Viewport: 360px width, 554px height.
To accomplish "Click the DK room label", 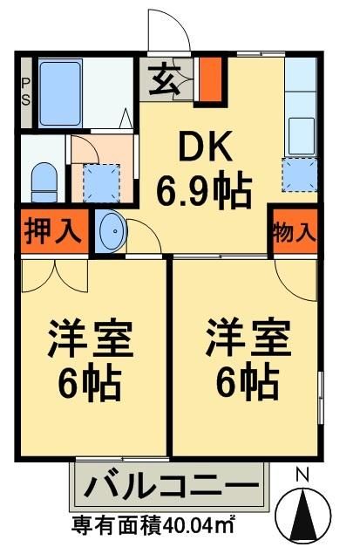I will tap(206, 149).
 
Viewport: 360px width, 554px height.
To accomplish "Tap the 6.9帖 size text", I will tap(205, 188).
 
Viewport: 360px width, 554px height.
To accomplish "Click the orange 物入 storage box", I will tap(294, 233).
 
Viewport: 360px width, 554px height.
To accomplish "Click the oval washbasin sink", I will tap(111, 233).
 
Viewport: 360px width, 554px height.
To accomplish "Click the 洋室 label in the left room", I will tap(90, 340).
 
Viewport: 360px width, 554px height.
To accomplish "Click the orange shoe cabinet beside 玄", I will tap(210, 79).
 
